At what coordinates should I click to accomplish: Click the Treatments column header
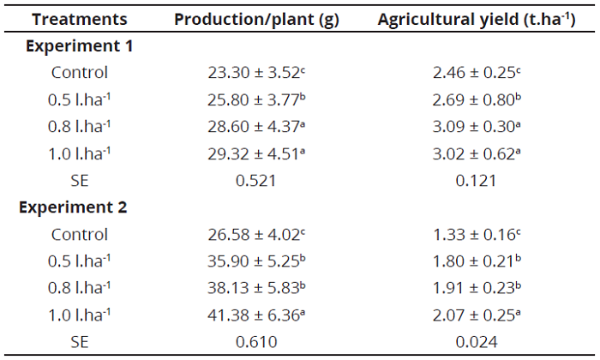coord(80,19)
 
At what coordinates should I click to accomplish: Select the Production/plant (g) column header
coord(256,19)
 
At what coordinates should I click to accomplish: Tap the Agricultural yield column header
coord(476,19)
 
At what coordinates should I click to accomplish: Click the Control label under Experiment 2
coord(80,234)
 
